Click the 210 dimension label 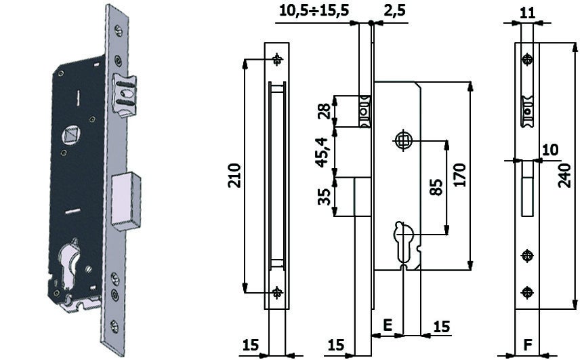(x=234, y=176)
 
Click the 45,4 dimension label (x=323, y=152)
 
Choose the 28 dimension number (x=323, y=111)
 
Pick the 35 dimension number (x=324, y=197)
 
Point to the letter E (x=388, y=326)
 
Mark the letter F (x=527, y=344)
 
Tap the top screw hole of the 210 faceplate (x=277, y=60)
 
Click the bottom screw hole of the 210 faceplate (x=277, y=293)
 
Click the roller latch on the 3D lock (x=123, y=94)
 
